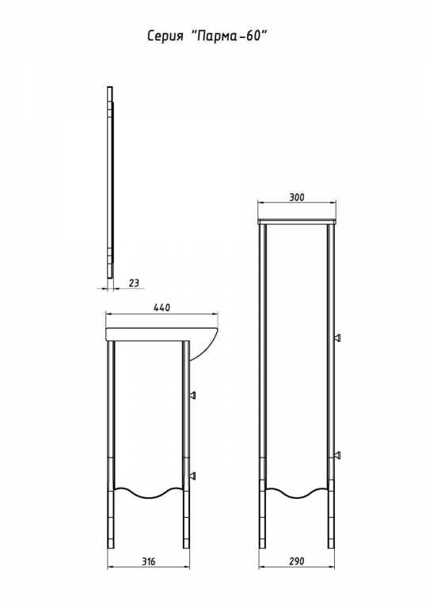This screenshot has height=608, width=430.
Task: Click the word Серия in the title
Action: [165, 36]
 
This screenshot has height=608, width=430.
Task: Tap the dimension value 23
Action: [133, 283]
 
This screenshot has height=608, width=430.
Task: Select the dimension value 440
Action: [162, 307]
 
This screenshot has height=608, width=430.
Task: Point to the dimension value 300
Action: [297, 197]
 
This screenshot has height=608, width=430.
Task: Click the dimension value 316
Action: [148, 561]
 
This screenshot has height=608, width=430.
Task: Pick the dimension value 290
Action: [297, 561]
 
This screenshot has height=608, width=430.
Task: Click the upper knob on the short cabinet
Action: [192, 395]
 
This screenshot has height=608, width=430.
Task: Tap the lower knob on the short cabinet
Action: [192, 475]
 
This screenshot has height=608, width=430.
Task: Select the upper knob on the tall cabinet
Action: [337, 337]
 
